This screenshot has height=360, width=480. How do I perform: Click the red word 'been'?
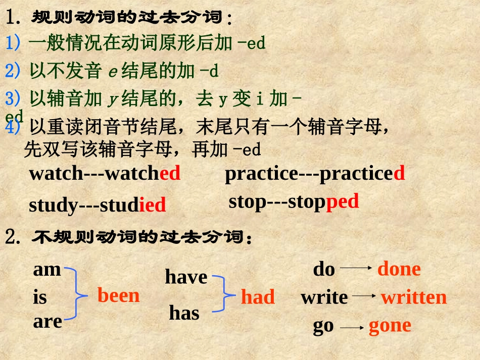pyautogui.click(x=118, y=295)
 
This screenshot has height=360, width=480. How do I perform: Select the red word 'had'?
pyautogui.click(x=258, y=297)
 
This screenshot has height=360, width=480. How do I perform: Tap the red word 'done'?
pyautogui.click(x=399, y=269)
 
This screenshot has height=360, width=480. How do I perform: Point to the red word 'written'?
pyautogui.click(x=414, y=297)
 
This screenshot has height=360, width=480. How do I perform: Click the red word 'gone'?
pyautogui.click(x=390, y=326)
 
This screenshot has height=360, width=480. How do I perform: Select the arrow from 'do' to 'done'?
pyautogui.click(x=357, y=269)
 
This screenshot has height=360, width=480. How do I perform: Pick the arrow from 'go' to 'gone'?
pyautogui.click(x=352, y=327)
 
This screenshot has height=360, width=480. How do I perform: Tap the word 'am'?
pyautogui.click(x=47, y=269)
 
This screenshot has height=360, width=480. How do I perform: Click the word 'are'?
pyautogui.click(x=47, y=321)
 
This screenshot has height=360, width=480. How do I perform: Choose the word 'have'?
pyautogui.click(x=186, y=277)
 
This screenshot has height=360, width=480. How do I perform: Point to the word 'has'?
pyautogui.click(x=184, y=313)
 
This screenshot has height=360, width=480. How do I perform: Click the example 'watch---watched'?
pyautogui.click(x=105, y=173)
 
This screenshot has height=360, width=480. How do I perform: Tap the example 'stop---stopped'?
pyautogui.click(x=294, y=201)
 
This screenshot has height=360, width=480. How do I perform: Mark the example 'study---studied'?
pyautogui.click(x=97, y=205)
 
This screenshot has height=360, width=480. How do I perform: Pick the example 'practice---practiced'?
pyautogui.click(x=314, y=173)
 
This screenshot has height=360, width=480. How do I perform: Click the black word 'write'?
pyautogui.click(x=324, y=297)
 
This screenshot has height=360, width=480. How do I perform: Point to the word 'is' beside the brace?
pyautogui.click(x=40, y=297)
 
